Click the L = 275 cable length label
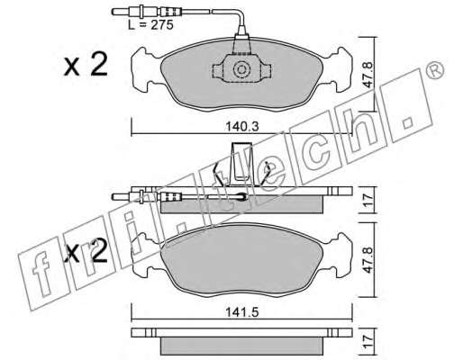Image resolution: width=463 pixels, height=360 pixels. [x=150, y=25]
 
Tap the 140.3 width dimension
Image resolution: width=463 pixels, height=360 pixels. [x=242, y=127]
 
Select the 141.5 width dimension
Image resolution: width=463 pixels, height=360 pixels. [x=242, y=312]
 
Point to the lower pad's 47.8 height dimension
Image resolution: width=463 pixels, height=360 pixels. [x=368, y=260]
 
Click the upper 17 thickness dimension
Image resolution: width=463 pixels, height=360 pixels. [x=368, y=200]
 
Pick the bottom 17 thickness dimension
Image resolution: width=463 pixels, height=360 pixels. [x=368, y=343]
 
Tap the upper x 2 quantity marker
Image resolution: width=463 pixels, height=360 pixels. [x=86, y=65]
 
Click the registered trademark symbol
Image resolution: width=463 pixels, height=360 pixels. [x=435, y=70]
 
